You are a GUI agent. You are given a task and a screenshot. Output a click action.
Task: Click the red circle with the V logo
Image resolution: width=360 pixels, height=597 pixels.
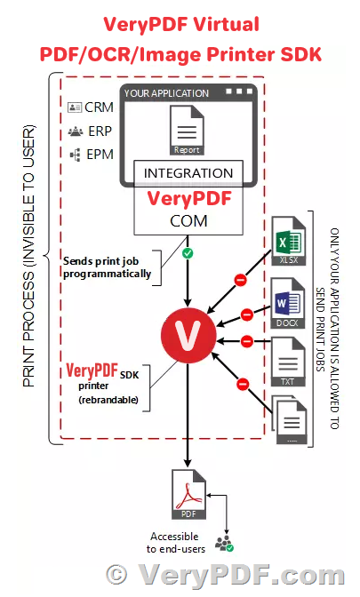[187, 340]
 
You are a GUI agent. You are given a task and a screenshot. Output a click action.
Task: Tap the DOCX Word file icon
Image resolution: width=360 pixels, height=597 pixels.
[286, 304]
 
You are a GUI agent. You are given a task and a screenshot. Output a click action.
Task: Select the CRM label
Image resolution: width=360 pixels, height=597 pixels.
[85, 107]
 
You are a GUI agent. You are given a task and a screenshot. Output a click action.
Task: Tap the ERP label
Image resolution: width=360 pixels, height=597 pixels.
[85, 131]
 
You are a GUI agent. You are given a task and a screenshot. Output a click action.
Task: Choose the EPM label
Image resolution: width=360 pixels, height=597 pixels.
[85, 155]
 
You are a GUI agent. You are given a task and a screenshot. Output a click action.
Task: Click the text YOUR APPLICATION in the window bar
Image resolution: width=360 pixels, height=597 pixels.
[166, 92]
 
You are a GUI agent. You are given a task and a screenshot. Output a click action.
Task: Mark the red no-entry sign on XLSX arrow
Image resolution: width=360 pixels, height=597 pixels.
[239, 281]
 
